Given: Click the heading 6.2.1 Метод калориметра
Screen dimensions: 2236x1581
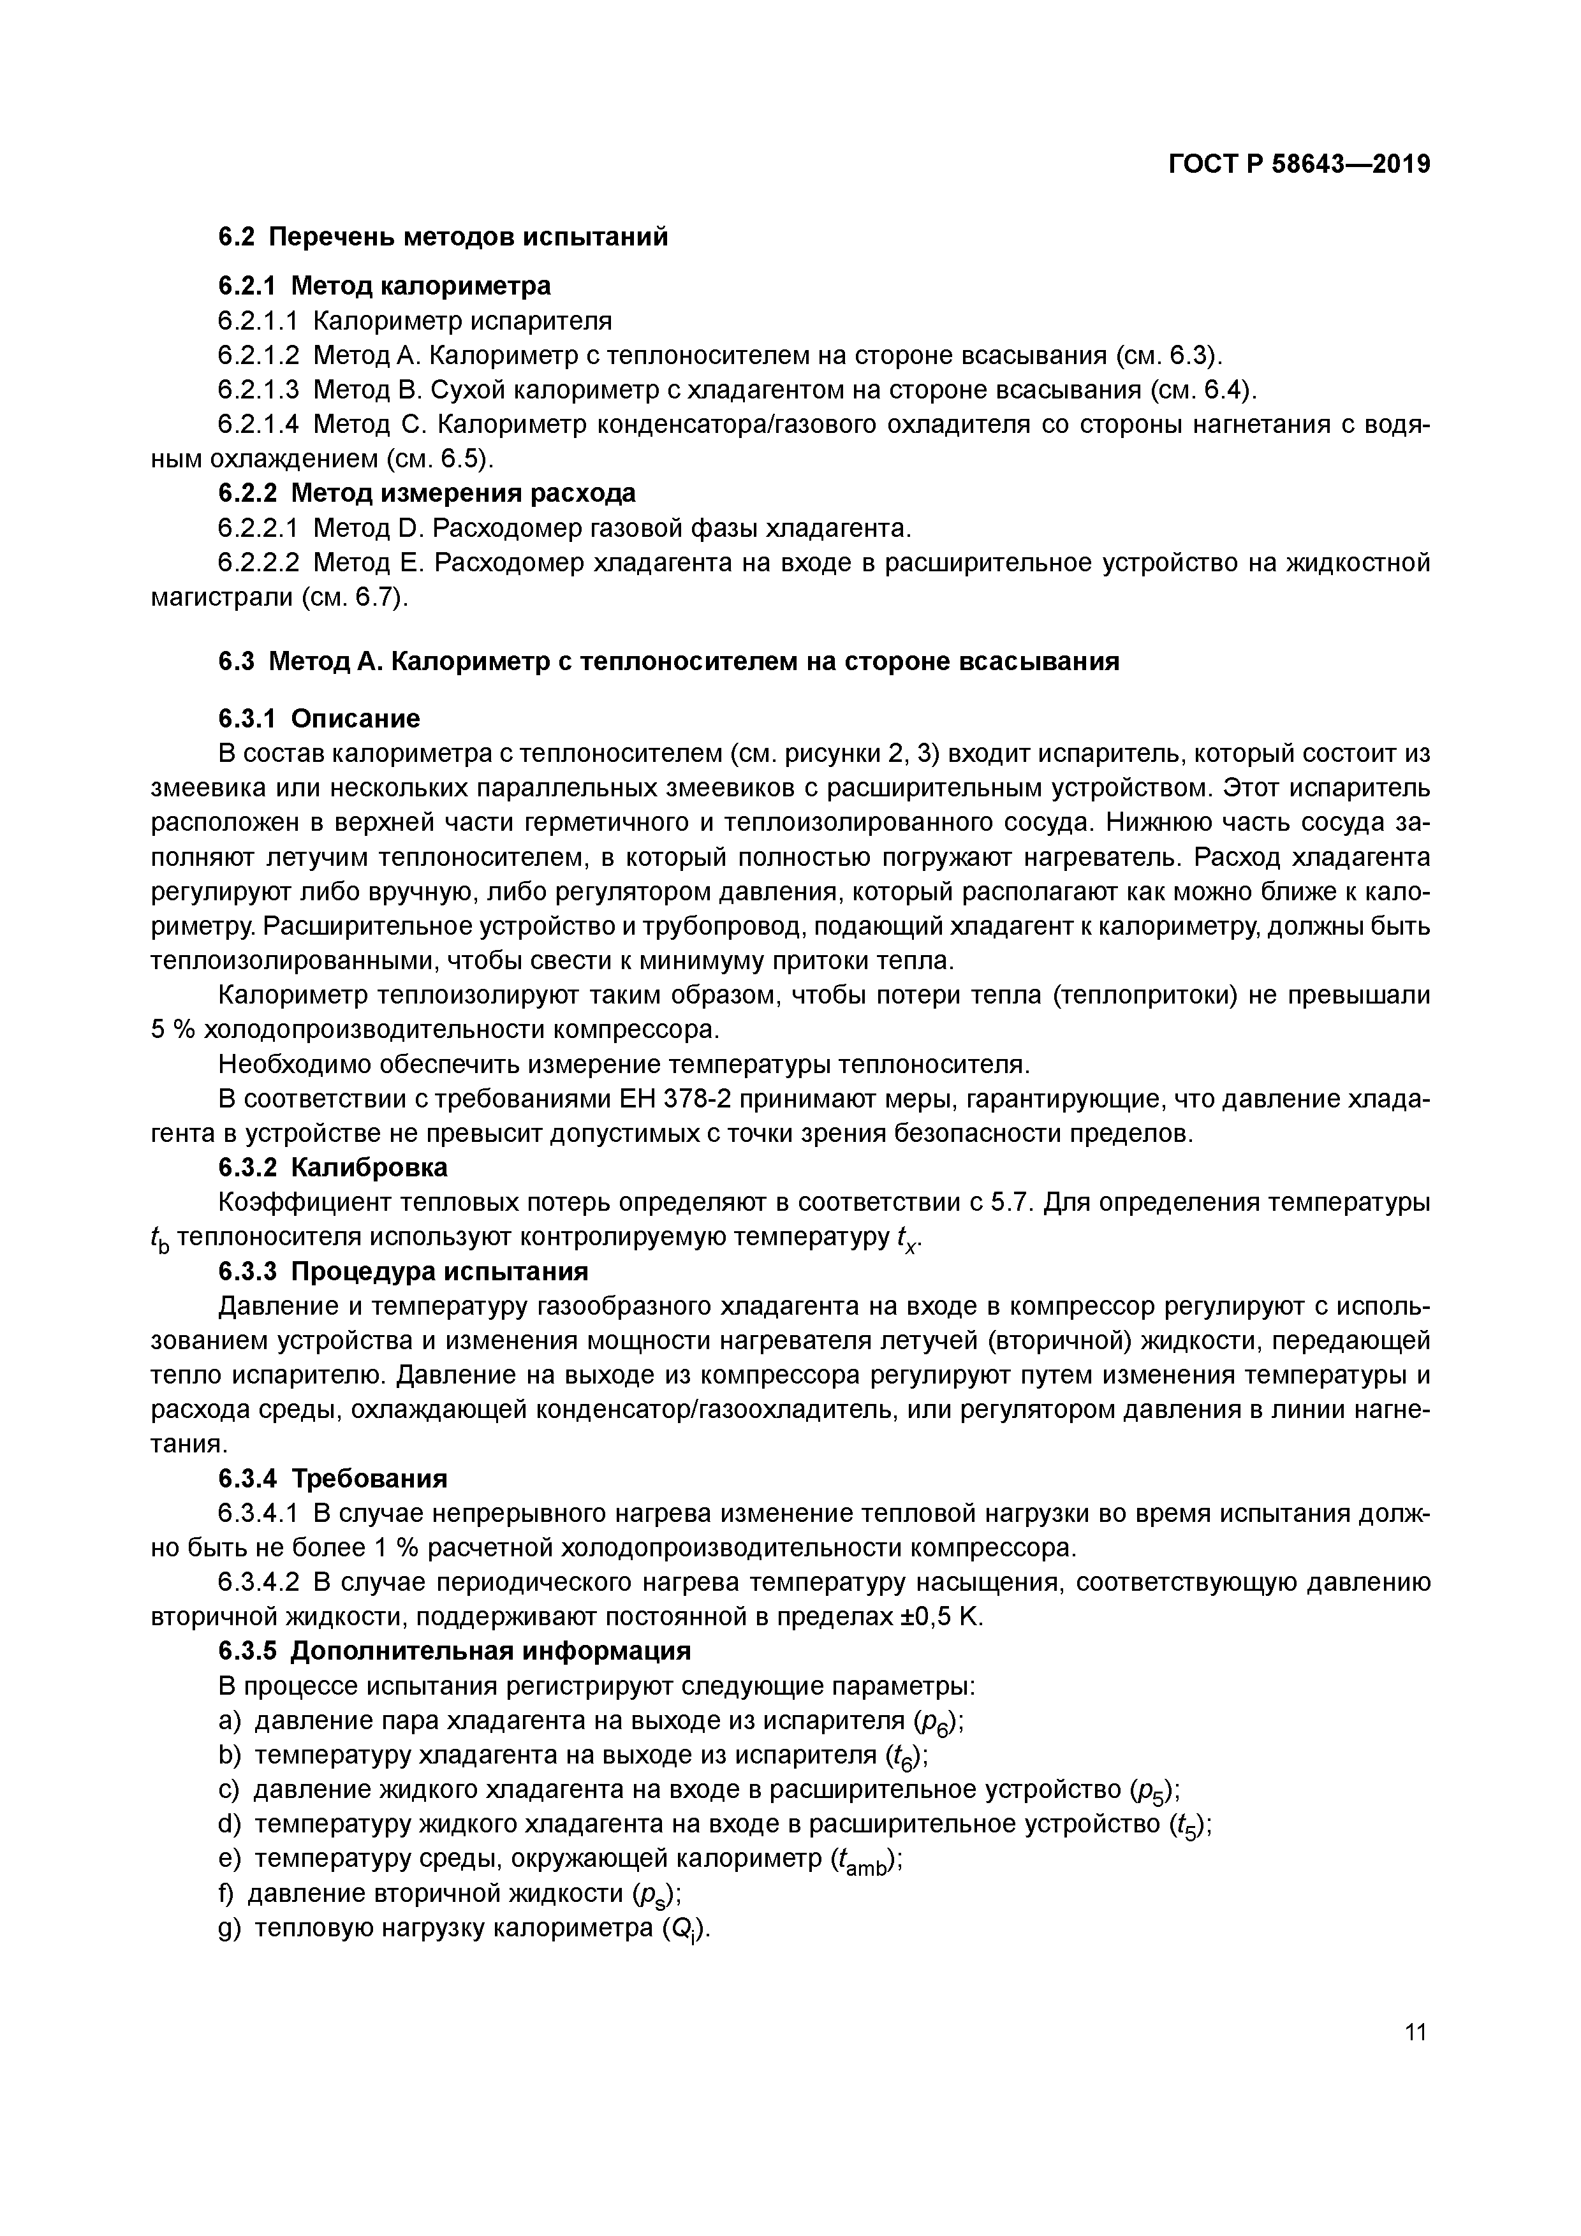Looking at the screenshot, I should pyautogui.click(x=384, y=286).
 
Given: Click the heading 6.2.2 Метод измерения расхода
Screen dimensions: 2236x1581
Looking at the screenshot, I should pyautogui.click(x=427, y=493).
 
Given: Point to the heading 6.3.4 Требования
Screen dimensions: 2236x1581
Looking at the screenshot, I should pyautogui.click(x=332, y=1479).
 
